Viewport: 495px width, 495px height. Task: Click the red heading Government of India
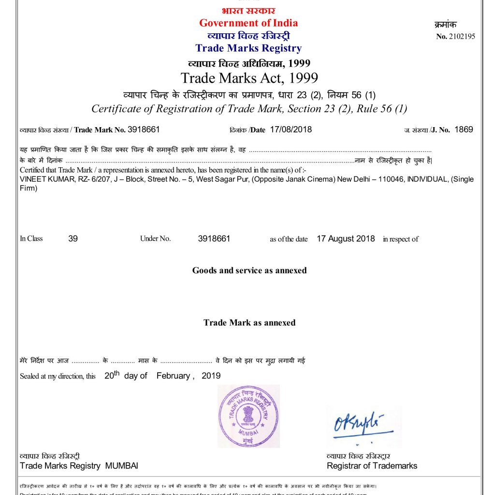[248, 23]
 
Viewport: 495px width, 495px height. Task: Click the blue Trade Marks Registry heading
[248, 48]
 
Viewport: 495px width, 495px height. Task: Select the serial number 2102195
[462, 36]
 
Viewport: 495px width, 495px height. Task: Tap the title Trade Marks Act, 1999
[249, 78]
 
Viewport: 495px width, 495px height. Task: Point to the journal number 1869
[464, 129]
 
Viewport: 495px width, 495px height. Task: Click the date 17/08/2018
[291, 129]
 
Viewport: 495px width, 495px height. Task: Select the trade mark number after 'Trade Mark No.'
[144, 129]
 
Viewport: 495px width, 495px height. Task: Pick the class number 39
[73, 238]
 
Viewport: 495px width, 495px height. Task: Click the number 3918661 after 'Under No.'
[214, 238]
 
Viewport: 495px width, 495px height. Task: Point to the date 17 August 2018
[346, 238]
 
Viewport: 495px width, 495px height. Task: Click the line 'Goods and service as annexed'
[249, 270]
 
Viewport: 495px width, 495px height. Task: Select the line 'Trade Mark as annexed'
[249, 322]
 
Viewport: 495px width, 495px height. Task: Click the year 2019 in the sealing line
[211, 376]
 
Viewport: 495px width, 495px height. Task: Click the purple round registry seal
[248, 416]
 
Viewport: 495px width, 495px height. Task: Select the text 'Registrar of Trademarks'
[372, 466]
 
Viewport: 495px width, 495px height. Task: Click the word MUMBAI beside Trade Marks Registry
[122, 466]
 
